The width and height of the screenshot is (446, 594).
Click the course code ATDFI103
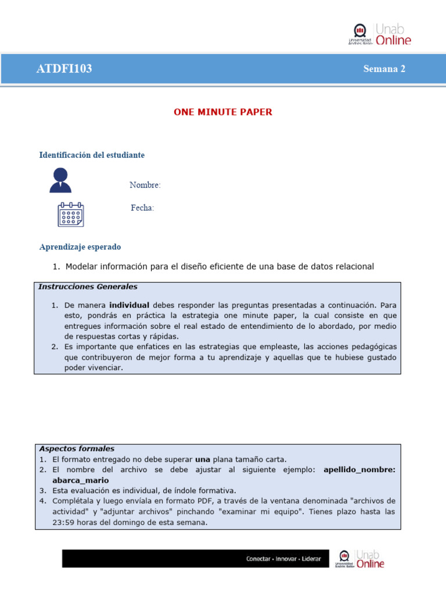pyautogui.click(x=64, y=69)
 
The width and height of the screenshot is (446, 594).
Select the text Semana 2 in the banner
pyautogui.click(x=384, y=69)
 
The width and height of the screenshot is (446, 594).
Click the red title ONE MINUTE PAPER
pyautogui.click(x=223, y=112)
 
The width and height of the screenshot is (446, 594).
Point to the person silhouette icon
pyautogui.click(x=60, y=180)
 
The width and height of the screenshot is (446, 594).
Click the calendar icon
pyautogui.click(x=70, y=214)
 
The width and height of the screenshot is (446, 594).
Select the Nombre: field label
pyautogui.click(x=145, y=185)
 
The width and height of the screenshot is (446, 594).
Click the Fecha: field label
pyautogui.click(x=142, y=208)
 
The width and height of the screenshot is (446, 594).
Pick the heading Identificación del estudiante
pyautogui.click(x=92, y=155)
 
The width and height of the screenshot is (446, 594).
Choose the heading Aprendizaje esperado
pyautogui.click(x=80, y=247)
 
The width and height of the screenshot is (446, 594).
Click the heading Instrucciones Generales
pyautogui.click(x=88, y=287)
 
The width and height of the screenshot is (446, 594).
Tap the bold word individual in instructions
pyautogui.click(x=129, y=305)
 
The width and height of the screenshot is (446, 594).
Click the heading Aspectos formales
pyautogui.click(x=77, y=448)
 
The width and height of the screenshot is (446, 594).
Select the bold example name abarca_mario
pyautogui.click(x=80, y=480)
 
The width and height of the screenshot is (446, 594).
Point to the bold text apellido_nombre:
pyautogui.click(x=359, y=470)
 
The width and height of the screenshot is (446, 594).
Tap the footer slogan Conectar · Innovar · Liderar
pyautogui.click(x=283, y=559)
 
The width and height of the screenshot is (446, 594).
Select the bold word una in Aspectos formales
pyautogui.click(x=202, y=459)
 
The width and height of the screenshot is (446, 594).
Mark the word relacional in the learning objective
pyautogui.click(x=352, y=266)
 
